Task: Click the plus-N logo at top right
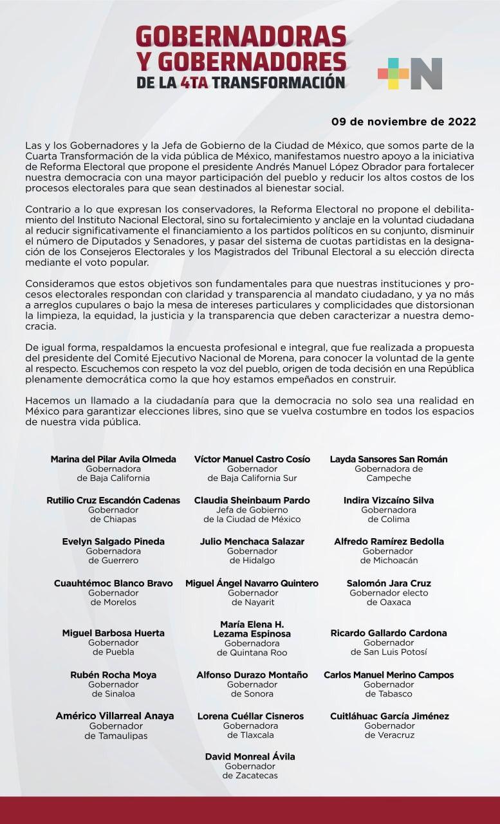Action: (410, 73)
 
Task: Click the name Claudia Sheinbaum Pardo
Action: (252, 500)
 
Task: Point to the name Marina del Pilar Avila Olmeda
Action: (113, 459)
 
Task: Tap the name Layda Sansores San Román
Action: (389, 459)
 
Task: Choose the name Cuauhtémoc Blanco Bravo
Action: (113, 583)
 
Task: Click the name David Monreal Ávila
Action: (250, 756)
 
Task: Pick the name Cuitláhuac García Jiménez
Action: (389, 716)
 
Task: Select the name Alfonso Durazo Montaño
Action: (252, 675)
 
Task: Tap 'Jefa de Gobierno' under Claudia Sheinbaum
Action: (252, 510)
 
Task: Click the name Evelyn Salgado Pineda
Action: (113, 541)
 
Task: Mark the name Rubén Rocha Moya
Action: (113, 675)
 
